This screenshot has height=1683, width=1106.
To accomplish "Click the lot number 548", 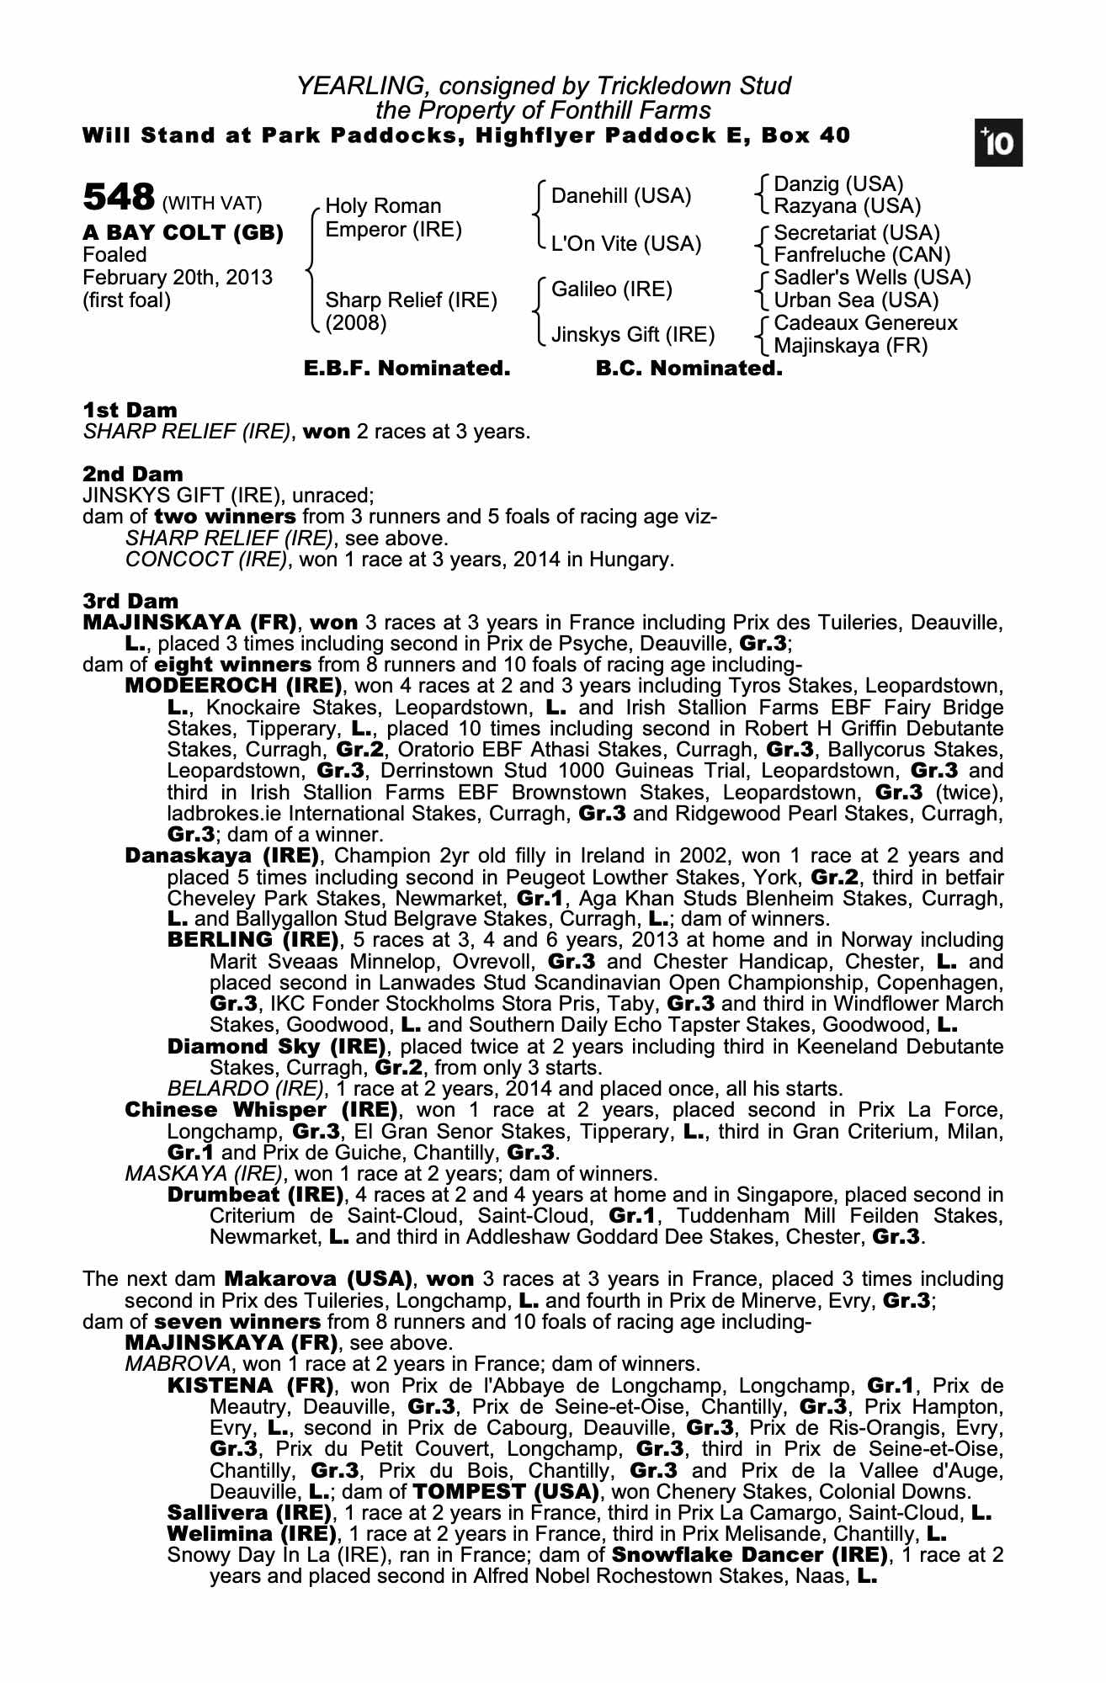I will [x=118, y=199].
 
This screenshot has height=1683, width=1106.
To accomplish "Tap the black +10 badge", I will [x=998, y=144].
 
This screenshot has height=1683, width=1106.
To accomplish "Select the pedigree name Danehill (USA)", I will [x=620, y=196].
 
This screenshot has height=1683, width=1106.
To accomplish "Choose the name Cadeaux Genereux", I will [x=865, y=323].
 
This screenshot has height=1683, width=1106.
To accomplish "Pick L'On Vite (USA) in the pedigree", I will [x=625, y=244].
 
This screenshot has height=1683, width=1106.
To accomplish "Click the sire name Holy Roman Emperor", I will [x=393, y=218].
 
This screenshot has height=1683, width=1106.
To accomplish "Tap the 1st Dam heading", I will [x=130, y=411].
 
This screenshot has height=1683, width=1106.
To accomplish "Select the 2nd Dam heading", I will [x=132, y=475].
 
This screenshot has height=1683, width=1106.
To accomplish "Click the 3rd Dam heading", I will [x=130, y=601].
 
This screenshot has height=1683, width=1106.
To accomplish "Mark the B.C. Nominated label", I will [x=689, y=369].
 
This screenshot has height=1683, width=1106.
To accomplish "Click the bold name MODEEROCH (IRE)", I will [x=233, y=685].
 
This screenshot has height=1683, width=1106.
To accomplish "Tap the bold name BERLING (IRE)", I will [x=253, y=939].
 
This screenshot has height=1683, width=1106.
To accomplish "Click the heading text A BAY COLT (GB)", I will [x=183, y=233].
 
